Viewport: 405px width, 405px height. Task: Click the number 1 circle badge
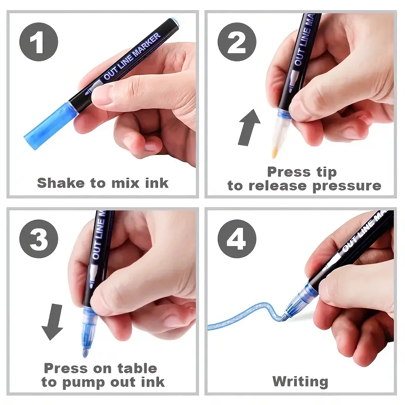click(x=38, y=42)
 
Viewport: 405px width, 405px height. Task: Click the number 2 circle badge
click(x=237, y=42)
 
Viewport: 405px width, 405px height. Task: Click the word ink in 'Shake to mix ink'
click(x=157, y=183)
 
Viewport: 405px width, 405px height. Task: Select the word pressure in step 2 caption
click(x=347, y=186)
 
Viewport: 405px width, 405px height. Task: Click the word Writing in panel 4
click(x=300, y=381)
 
